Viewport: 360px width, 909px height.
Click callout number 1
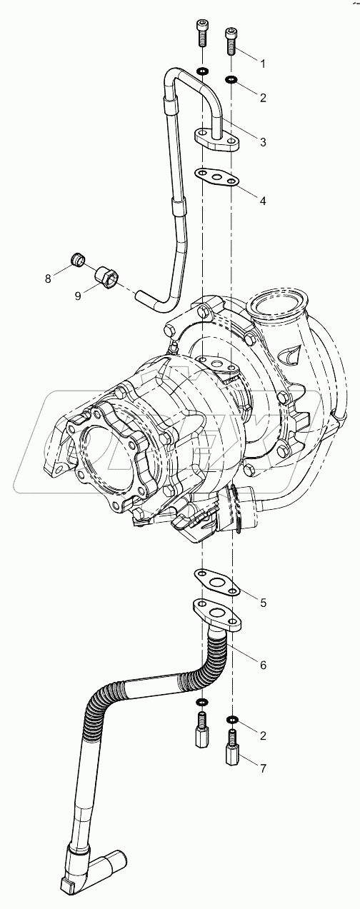[263, 64]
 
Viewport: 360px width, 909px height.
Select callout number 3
[263, 142]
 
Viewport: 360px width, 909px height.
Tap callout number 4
[263, 201]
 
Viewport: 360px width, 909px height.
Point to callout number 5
[263, 603]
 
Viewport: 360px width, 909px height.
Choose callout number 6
[263, 665]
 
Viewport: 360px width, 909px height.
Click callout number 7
[263, 768]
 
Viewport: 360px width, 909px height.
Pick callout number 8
[48, 278]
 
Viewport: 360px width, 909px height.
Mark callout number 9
[78, 296]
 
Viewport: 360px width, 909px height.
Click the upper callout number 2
[263, 97]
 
